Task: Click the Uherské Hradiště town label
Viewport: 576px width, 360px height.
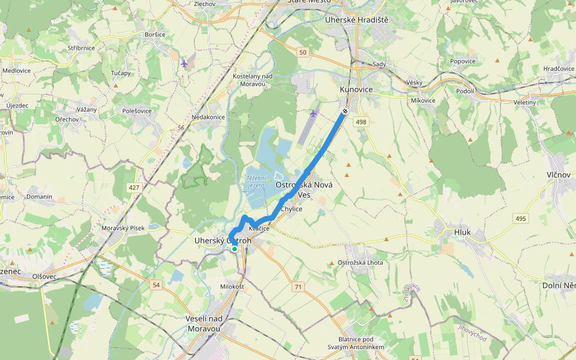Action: tap(356, 20)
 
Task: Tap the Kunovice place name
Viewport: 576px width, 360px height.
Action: tap(356, 89)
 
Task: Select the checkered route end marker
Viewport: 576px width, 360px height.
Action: tap(345, 111)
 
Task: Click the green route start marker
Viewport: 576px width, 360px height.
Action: tap(234, 248)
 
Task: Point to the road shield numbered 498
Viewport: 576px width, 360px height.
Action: tap(361, 122)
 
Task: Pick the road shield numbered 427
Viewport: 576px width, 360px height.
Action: tap(133, 188)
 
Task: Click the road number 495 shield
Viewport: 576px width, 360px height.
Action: tap(520, 218)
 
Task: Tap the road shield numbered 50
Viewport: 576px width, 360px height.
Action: tap(303, 53)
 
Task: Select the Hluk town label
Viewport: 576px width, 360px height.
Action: tap(463, 232)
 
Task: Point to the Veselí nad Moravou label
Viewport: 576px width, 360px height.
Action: tap(204, 323)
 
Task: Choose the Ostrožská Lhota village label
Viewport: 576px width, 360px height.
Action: tap(360, 263)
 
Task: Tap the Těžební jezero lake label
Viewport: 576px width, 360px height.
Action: tap(255, 182)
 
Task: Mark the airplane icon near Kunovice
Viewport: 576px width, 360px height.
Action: tap(313, 113)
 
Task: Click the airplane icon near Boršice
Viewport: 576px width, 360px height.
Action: tap(184, 63)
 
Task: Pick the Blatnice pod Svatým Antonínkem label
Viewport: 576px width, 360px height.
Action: tap(356, 343)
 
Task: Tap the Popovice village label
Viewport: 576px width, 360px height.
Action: tap(463, 61)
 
